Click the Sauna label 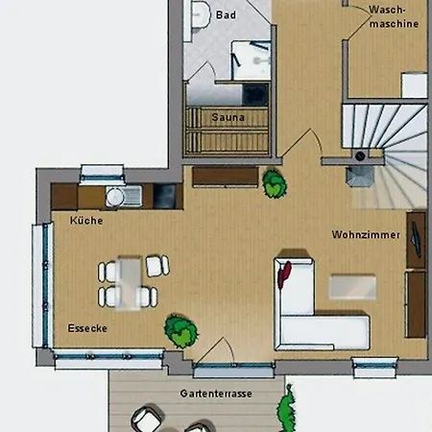pyautogui.click(x=228, y=117)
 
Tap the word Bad pyautogui.click(x=226, y=14)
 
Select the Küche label pyautogui.click(x=86, y=220)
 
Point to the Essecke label pyautogui.click(x=87, y=328)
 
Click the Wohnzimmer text pyautogui.click(x=366, y=234)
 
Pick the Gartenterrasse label pyautogui.click(x=216, y=394)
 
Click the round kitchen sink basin pyautogui.click(x=115, y=196)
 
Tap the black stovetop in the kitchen pyautogui.click(x=164, y=196)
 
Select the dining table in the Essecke pyautogui.click(x=130, y=283)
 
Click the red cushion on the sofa pyautogui.click(x=284, y=275)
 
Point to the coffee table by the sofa pyautogui.click(x=352, y=287)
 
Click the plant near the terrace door pyautogui.click(x=180, y=330)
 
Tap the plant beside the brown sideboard pyautogui.click(x=275, y=183)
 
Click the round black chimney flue pyautogui.click(x=360, y=156)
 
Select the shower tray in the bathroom pyautogui.click(x=252, y=60)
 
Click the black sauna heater pyautogui.click(x=255, y=95)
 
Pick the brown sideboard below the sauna pyautogui.click(x=226, y=177)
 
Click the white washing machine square pyautogui.click(x=414, y=85)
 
